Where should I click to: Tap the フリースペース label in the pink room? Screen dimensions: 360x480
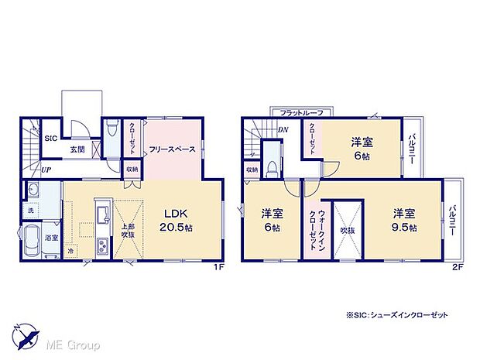(x=172, y=149)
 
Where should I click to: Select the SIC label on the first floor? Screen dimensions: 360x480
(x=51, y=139)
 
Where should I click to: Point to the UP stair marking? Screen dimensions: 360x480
(x=46, y=170)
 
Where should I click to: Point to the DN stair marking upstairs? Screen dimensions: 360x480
(x=283, y=130)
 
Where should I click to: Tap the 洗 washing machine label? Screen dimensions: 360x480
(x=31, y=212)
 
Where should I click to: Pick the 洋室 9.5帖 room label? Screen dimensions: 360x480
(x=404, y=220)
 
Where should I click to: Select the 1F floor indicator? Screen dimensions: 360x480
(x=219, y=268)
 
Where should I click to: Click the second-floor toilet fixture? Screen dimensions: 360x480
(x=272, y=168)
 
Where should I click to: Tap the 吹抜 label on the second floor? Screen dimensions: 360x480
(x=345, y=230)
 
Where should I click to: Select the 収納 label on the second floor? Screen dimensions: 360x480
(x=252, y=170)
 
